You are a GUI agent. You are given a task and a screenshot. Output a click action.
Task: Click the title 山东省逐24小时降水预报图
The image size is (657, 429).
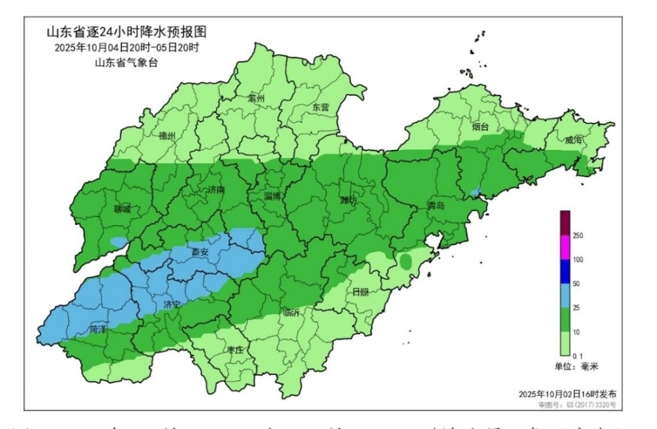coord(126,31)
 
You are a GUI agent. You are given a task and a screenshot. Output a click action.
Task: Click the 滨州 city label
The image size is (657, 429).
coord(256,99)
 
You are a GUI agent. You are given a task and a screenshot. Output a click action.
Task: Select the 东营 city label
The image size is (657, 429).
coord(320,107)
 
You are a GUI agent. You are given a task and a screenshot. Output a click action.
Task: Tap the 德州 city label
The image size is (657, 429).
coord(167,136)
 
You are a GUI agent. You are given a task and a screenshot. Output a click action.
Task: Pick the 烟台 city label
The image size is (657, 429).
coord(480,127)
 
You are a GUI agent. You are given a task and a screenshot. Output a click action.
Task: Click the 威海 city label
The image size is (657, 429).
coord(574,140)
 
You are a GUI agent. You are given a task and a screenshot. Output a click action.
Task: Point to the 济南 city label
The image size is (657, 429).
coord(215,190)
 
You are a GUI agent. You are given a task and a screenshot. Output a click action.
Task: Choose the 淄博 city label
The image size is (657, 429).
coord(272,196)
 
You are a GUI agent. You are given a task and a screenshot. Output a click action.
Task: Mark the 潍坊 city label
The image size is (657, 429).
coord(348,200)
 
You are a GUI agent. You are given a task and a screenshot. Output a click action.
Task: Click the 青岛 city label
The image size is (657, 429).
coord(435,205)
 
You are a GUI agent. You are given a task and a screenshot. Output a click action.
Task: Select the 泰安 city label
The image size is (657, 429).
coord(200,252)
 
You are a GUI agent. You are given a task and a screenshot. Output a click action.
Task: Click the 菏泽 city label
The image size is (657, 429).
coord(98,329)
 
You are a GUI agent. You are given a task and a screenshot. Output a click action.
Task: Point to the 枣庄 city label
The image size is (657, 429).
coord(235,349)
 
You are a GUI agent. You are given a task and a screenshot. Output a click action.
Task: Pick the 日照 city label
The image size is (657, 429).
coord(360,291)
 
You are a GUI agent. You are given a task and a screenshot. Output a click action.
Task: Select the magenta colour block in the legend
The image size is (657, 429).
coord(565,248)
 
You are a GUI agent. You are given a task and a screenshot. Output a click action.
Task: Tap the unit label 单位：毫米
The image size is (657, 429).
coord(576,366)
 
